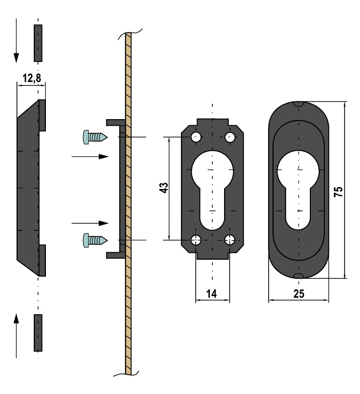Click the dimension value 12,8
pos(31,78)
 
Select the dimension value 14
pos(212,294)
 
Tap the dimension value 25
pos(299,294)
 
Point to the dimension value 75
pos(339,190)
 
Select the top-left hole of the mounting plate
pos(196,137)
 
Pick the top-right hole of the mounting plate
pos(229,137)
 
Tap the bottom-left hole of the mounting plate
pos(196,240)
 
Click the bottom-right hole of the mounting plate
pos(229,240)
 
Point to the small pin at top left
pos(38,43)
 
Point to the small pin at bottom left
pos(38,333)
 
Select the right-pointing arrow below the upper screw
pos(90,157)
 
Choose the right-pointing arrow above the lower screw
pos(90,223)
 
